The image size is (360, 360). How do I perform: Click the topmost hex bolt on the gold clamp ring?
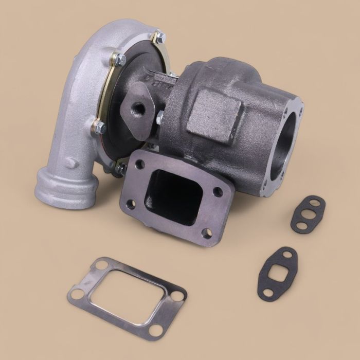(159, 37)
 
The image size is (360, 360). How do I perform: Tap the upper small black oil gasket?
(308, 214)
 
